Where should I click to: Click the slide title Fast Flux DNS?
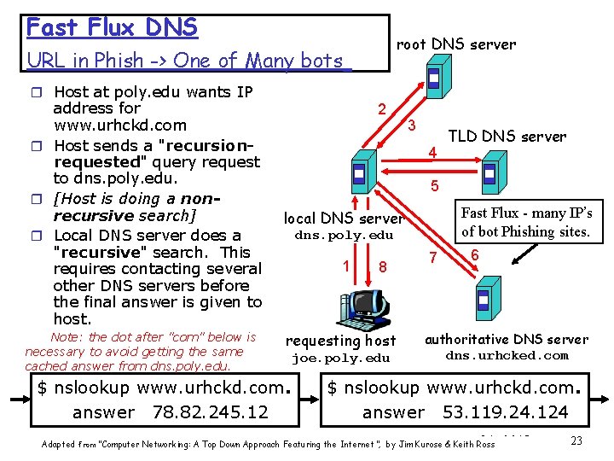pos(112,27)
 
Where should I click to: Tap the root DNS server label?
pos(456,44)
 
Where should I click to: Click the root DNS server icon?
pos(433,78)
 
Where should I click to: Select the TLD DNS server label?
pos(507,137)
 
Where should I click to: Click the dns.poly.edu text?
pos(344,236)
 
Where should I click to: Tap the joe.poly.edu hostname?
pos(340,359)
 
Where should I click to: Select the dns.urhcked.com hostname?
pos(507,355)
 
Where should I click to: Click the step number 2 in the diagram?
pos(383,108)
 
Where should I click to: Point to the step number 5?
pos(435,185)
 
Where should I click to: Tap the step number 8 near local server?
pos(384,267)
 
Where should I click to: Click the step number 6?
pos(474,254)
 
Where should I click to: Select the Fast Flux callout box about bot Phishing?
pos(525,222)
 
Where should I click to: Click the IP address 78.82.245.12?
pos(210,412)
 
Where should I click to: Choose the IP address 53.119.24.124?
pos(505,412)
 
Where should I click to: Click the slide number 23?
pos(576,441)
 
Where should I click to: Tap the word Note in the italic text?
pos(67,337)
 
